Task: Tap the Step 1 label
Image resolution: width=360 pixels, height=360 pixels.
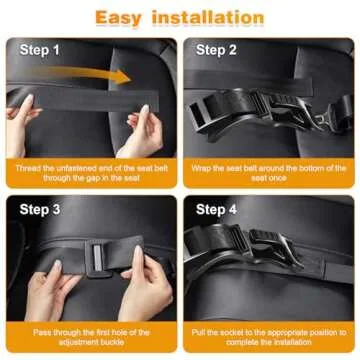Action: tap(42, 50)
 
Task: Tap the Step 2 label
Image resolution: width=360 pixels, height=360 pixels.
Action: tap(218, 50)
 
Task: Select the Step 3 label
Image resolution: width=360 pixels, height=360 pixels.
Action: tap(42, 210)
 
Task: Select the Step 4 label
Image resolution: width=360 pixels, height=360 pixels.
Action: tap(218, 210)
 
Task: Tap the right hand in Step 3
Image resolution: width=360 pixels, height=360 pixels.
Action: tap(140, 285)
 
